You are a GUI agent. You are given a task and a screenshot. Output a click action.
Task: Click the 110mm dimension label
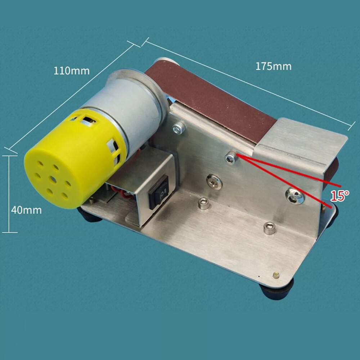pyautogui.click(x=71, y=71)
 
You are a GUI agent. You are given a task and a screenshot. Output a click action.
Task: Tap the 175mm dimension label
pyautogui.click(x=274, y=66)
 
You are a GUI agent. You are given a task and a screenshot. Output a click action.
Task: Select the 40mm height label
pyautogui.click(x=26, y=210)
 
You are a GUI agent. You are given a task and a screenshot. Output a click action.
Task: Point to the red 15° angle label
pyautogui.click(x=339, y=196)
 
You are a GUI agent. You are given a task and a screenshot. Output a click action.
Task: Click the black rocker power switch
pyautogui.click(x=159, y=192)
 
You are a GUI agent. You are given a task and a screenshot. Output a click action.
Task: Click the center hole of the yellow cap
pyautogui.click(x=53, y=180)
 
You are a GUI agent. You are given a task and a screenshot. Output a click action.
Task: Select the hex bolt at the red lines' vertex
pyautogui.click(x=230, y=158)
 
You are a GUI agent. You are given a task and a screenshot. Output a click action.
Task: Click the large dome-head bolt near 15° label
pyautogui.click(x=295, y=196)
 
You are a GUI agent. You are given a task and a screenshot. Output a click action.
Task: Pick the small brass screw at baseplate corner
pyautogui.click(x=276, y=275)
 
